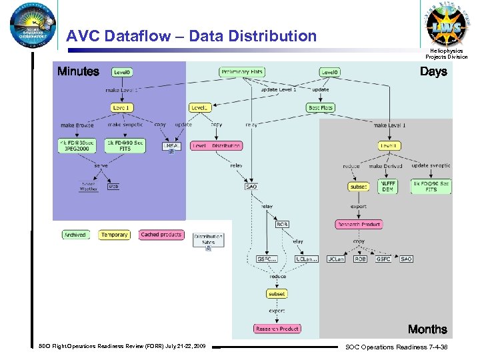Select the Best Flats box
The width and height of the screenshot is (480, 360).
pos(321,107)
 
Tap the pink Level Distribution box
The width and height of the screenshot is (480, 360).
pos(217,145)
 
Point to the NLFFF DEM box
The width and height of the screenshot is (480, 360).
pos(387,186)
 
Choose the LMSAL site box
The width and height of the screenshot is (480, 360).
pos(171,147)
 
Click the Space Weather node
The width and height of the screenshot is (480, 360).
pos(89,187)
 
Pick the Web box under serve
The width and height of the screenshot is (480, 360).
pos(114,187)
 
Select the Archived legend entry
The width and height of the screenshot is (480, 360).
pos(75,235)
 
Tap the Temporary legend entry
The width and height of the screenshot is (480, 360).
pos(114,235)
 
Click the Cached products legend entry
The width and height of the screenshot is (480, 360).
pos(161,235)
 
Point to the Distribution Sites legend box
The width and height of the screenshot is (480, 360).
pos(208,241)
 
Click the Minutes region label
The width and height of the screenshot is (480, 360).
pos(78,72)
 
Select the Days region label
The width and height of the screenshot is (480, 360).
pos(433,72)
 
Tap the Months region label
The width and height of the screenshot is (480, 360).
pos(427,329)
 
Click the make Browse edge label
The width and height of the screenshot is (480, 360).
pos(77,125)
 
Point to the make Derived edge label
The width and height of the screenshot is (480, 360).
pos(385,166)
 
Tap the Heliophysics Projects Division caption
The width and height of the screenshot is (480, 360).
pos(447,53)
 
